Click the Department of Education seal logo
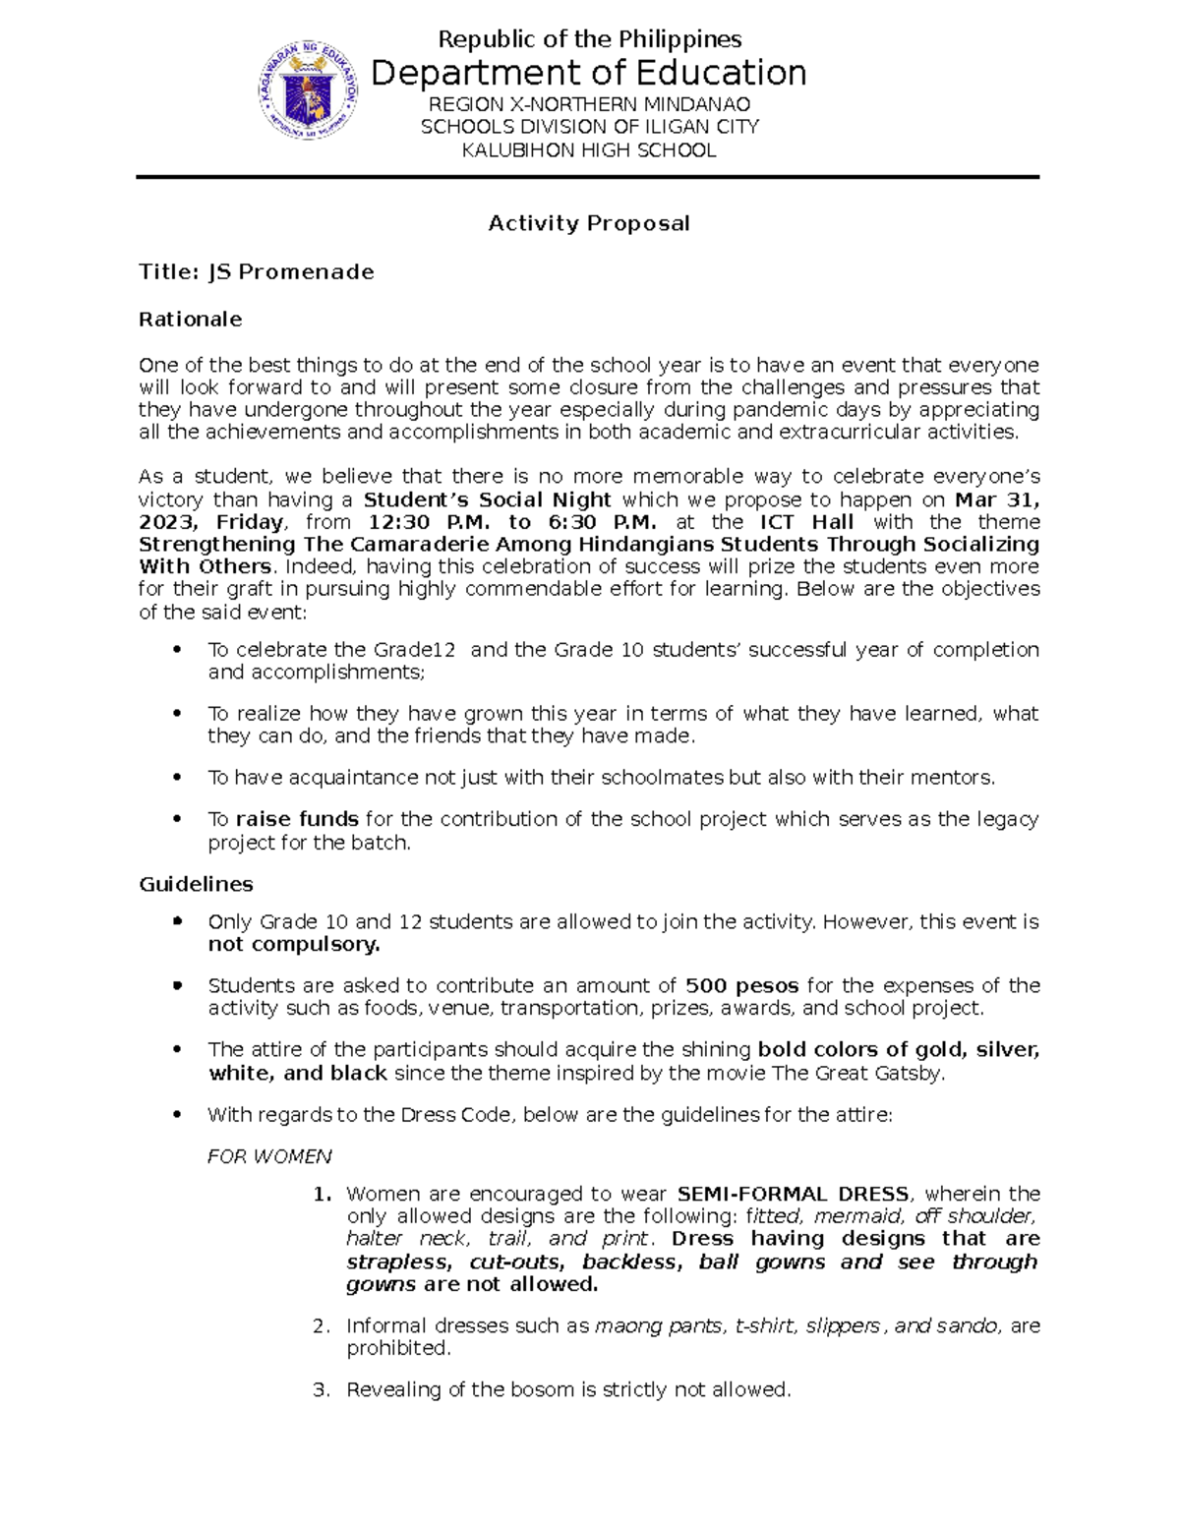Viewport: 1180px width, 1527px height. pyautogui.click(x=308, y=92)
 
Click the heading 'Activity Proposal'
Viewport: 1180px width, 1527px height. pyautogui.click(x=589, y=223)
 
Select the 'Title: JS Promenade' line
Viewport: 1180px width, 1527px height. pyautogui.click(x=257, y=271)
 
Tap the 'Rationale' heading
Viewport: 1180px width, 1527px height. pyautogui.click(x=190, y=319)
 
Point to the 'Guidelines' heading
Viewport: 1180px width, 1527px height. pyautogui.click(x=196, y=884)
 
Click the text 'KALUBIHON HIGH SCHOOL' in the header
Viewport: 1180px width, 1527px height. pyautogui.click(x=589, y=149)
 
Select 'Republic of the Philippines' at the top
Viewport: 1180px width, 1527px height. pyautogui.click(x=589, y=39)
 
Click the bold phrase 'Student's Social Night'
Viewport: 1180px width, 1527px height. pyautogui.click(x=488, y=499)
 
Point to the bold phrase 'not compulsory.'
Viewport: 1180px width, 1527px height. pyautogui.click(x=294, y=945)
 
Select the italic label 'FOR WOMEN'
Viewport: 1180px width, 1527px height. pyautogui.click(x=269, y=1156)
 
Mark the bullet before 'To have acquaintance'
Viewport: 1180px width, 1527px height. pyautogui.click(x=177, y=778)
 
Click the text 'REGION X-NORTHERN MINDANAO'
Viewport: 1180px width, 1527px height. pyautogui.click(x=589, y=104)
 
